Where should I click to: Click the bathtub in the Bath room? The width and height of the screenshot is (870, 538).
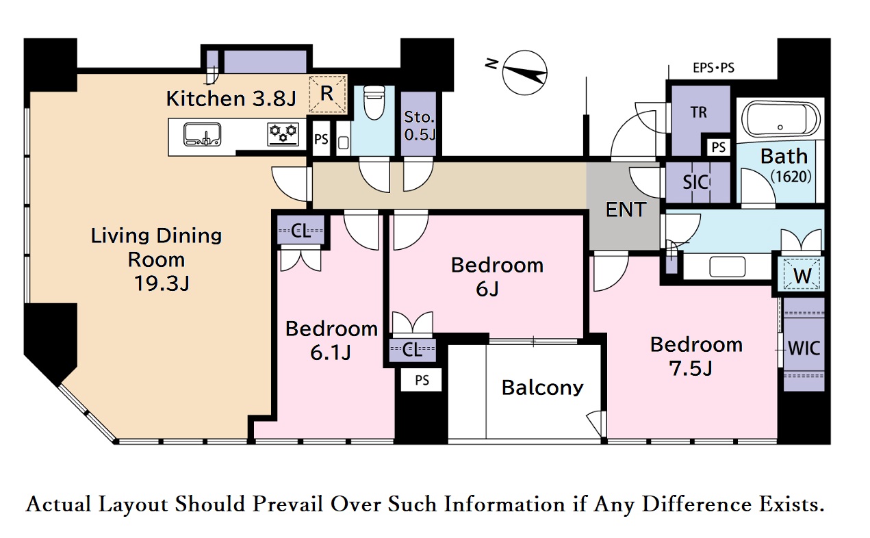tap(780, 119)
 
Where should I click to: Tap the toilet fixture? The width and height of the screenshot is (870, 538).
tap(374, 103)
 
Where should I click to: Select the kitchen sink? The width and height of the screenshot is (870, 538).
tap(203, 134)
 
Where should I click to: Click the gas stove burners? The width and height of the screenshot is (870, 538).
tap(283, 134)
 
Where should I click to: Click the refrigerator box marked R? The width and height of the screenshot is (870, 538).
tap(327, 94)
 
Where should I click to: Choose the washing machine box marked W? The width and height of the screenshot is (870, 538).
tap(802, 274)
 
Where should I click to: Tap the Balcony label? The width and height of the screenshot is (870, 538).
tap(542, 387)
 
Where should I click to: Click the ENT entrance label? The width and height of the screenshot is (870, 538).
tap(626, 209)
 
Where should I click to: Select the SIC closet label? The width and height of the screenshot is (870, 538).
tap(695, 182)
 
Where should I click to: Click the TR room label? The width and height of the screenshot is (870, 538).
tap(699, 113)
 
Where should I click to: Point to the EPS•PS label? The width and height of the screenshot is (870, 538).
tap(714, 68)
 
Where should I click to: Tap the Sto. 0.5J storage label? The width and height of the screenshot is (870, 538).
tap(420, 125)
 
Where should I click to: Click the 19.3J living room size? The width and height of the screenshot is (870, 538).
tap(161, 283)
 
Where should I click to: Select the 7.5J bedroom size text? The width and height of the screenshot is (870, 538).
tap(691, 368)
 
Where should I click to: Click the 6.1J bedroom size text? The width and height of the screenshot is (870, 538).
tap(331, 353)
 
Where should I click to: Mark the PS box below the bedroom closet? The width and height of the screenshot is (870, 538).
tap(422, 380)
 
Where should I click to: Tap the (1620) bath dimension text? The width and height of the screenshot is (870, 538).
tap(791, 177)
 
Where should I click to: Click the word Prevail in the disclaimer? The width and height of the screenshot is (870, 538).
tap(287, 504)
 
